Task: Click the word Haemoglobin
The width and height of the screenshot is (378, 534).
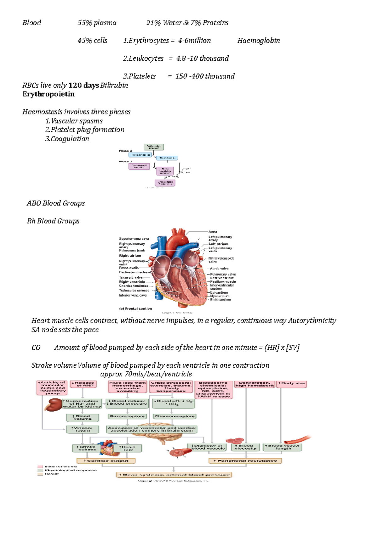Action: click(258, 41)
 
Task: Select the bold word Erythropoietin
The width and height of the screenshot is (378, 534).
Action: click(49, 94)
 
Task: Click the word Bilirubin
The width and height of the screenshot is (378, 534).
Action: click(114, 85)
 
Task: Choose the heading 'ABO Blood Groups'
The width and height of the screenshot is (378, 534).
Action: click(56, 203)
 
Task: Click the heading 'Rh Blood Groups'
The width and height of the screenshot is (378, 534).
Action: click(53, 221)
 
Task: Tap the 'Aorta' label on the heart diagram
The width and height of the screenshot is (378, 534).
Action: click(213, 232)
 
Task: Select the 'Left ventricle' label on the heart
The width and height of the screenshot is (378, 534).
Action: click(222, 278)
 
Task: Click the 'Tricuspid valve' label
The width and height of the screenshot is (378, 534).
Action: click(131, 277)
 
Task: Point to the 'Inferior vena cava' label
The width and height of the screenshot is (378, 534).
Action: click(133, 295)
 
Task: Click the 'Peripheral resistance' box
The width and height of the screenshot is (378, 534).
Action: click(245, 461)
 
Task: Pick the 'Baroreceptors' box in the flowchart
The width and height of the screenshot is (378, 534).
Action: click(127, 416)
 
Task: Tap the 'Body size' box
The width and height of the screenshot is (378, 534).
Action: click(291, 383)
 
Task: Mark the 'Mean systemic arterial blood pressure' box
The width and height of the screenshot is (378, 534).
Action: click(174, 475)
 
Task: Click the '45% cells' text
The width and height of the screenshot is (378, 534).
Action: click(92, 41)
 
